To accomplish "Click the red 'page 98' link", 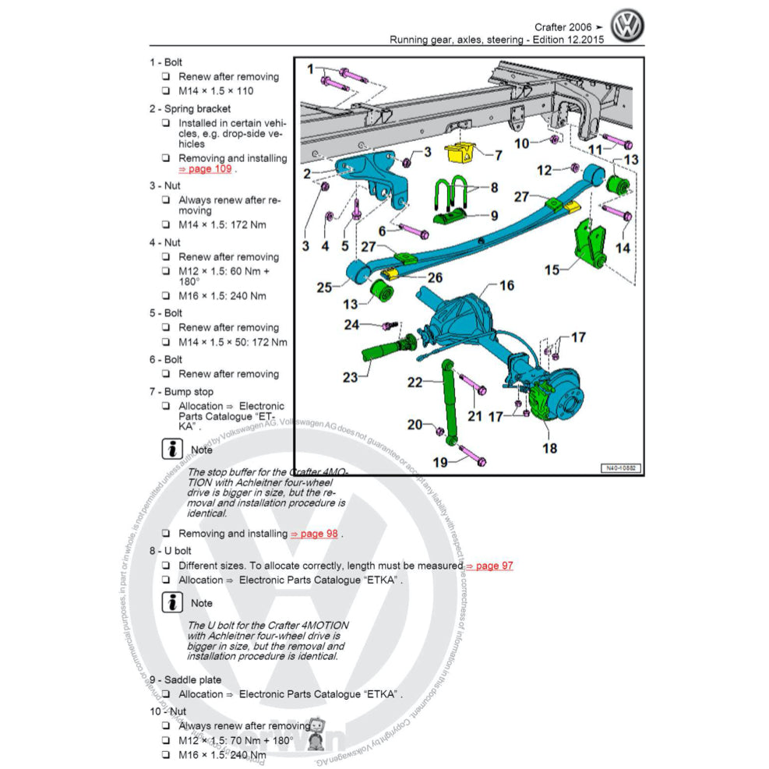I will [315, 534].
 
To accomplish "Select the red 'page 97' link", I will [489, 566].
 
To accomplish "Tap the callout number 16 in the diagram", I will [506, 286].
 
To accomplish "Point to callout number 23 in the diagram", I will [350, 377].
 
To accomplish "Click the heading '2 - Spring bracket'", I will [190, 109].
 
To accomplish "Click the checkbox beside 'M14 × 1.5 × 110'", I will [166, 91].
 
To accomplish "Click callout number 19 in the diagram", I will [440, 462].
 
